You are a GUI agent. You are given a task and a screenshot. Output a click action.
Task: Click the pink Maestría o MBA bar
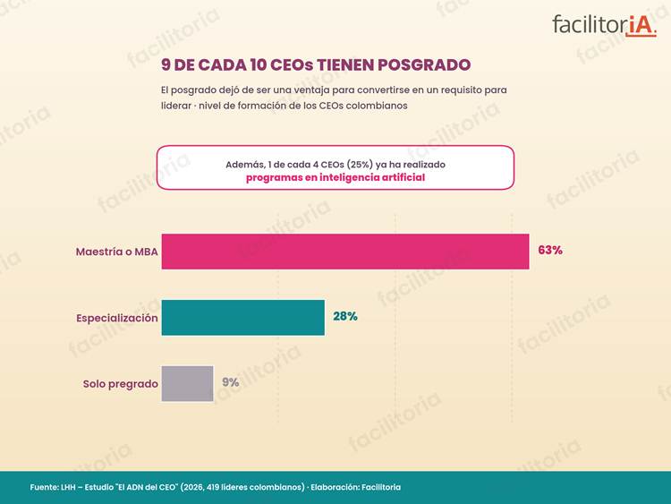[x=345, y=252]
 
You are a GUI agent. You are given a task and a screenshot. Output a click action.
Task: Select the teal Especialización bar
[x=243, y=317]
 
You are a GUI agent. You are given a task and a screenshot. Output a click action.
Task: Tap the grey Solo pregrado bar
[x=188, y=384]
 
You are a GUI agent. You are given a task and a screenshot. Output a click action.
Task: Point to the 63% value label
[x=550, y=250]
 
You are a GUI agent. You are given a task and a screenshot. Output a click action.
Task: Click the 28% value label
[x=345, y=316]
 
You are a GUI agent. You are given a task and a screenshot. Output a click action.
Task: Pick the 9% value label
[x=230, y=382]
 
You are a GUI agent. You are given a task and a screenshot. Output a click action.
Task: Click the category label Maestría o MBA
[x=117, y=252]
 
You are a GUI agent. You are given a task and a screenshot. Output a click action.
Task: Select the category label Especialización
[x=117, y=318]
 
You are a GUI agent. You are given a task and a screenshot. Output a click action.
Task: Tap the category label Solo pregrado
[x=121, y=384]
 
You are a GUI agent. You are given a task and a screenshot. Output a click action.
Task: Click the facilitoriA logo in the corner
[x=604, y=25]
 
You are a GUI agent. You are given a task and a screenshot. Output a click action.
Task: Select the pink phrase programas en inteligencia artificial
[x=335, y=178]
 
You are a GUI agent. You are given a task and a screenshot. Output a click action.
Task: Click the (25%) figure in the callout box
[x=360, y=165]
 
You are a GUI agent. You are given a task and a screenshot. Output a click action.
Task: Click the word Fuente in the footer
[x=44, y=487]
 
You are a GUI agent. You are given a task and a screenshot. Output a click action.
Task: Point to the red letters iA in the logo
[x=641, y=26]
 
